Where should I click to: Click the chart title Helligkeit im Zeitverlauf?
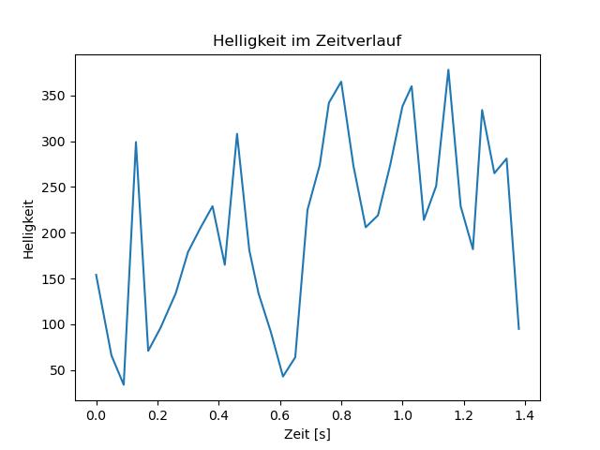307,40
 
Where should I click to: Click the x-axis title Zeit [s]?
307,435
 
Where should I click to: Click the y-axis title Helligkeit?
29,229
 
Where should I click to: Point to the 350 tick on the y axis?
56,97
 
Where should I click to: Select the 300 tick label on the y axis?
56,142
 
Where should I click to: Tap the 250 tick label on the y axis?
56,187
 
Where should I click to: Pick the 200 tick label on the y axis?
56,233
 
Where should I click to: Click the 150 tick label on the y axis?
56,279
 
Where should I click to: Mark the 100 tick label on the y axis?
56,325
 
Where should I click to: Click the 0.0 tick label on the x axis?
96,413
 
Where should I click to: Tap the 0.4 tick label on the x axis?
218,413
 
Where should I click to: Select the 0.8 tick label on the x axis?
341,413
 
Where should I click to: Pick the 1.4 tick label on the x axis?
525,413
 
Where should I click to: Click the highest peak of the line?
448,69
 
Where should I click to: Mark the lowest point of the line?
123,384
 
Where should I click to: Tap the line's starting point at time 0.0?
96,275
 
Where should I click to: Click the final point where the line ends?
518,329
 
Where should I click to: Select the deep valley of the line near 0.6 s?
283,377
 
